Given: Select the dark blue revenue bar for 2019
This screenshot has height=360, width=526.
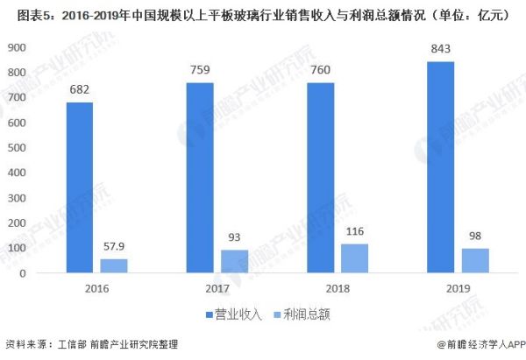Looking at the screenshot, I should pos(442,167).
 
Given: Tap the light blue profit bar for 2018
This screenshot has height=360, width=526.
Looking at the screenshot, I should pos(354,258).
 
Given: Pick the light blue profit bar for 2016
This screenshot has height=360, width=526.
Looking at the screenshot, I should pos(114,265).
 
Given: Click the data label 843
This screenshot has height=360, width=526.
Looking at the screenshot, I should pos(442,50).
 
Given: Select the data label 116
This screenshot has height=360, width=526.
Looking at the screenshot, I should pos(354,231).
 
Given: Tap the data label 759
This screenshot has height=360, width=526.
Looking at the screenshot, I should pos(202,71).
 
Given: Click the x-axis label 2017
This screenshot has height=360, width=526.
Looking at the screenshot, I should pos(217,288).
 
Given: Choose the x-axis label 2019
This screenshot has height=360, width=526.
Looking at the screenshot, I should pos(458,288).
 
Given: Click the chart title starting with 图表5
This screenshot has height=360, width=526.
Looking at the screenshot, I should pos(263,13).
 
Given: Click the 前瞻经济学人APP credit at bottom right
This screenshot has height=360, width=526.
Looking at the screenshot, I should pos(473,345).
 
